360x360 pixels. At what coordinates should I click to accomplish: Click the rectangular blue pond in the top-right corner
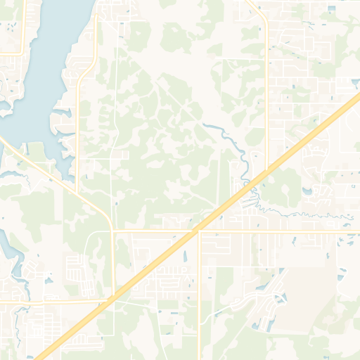[331, 8]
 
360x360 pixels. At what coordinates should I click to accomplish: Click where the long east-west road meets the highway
[199, 229]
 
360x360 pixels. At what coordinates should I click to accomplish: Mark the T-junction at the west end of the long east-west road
[112, 230]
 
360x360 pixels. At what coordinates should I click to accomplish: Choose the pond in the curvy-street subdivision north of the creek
[307, 190]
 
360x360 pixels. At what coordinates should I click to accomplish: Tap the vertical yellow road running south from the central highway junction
[200, 295]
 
